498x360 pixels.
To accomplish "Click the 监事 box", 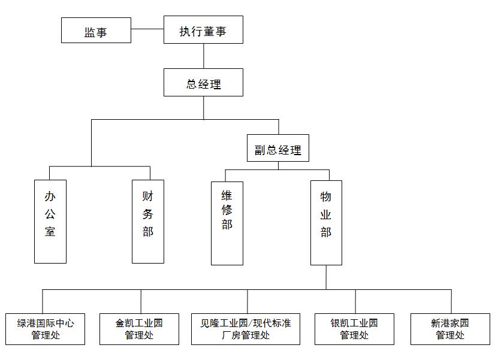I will coord(96,30).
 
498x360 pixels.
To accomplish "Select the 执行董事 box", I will coord(203,29).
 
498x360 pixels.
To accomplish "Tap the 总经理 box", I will coord(203,83).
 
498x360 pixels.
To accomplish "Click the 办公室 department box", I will coord(50,221).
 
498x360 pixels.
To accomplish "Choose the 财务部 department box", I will coord(148,221).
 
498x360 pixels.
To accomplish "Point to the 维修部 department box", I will coord(227,223).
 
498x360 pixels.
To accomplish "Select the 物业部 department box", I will coord(326,222).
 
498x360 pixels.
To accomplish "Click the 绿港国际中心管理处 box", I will coord(46,329).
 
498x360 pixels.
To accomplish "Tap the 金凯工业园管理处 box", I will coord(139,329).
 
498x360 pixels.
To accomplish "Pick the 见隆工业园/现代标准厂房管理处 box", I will coord(246,329).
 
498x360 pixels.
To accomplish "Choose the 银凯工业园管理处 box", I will coord(355,329).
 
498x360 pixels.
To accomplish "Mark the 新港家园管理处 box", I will coord(450,329).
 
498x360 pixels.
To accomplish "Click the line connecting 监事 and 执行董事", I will coord(147,29).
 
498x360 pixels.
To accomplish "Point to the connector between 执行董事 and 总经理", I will coord(204,56).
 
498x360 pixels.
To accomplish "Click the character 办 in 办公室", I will coord(50,196).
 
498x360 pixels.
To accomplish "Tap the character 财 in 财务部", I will coord(148,196).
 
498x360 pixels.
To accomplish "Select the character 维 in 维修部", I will coord(227,195).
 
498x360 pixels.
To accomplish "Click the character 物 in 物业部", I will coord(326,196).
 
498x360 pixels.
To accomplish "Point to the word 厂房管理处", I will coord(246,335).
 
